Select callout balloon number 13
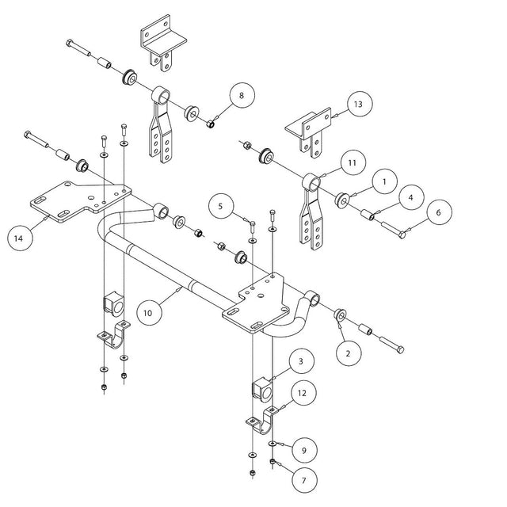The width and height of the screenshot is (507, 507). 358,105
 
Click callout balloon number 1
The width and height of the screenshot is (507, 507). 383,181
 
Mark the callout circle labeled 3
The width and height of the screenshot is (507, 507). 301,361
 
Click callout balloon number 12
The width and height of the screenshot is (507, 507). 302,392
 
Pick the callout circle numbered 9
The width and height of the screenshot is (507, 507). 303,450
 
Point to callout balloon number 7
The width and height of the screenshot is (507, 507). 302,478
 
